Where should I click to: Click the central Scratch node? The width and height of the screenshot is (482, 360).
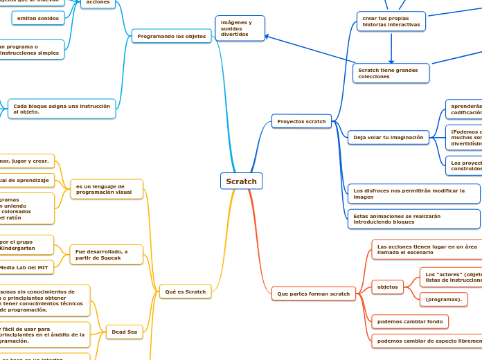coord(241,181)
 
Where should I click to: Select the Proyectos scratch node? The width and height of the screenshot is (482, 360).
coord(301,121)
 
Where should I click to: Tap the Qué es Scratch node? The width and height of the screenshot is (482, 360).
coord(186,292)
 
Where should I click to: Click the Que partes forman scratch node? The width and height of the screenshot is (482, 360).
coord(313,294)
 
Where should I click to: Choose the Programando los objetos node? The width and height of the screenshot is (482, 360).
coord(171,36)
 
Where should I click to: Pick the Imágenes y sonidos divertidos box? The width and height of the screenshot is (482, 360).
coord(240,28)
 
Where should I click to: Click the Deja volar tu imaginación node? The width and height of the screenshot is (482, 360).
coord(388,138)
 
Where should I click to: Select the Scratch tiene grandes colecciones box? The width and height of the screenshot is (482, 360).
coord(391,73)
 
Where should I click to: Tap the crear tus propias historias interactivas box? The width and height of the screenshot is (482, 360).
coord(391,21)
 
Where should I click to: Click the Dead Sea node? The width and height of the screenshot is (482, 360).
coord(125,332)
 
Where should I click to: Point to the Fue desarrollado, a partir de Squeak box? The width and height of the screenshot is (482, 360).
coord(107,255)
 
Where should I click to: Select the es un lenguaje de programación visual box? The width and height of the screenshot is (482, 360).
coord(107,190)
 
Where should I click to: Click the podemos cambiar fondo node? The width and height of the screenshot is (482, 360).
coord(409,322)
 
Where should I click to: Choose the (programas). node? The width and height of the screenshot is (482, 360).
coord(444,299)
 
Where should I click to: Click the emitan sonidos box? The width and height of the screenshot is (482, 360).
coord(38,18)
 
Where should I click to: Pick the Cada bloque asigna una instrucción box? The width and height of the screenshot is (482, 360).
coord(62,109)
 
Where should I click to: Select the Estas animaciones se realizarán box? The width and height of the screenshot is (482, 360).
coord(413,219)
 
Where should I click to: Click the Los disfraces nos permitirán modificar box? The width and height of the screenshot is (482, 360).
coord(413,193)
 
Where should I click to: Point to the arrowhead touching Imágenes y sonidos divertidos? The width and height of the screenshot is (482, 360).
coord(268,37)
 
